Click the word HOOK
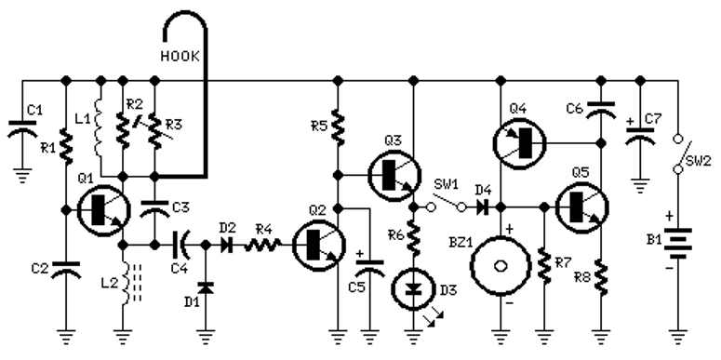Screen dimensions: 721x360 (x=180, y=56)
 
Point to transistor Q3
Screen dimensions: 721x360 (x=394, y=175)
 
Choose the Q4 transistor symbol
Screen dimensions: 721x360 (x=519, y=143)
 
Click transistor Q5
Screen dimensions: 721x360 (x=582, y=207)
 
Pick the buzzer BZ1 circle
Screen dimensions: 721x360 (x=500, y=266)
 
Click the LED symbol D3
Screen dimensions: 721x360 (x=414, y=289)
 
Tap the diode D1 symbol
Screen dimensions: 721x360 (x=205, y=287)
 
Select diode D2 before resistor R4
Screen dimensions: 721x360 (x=226, y=246)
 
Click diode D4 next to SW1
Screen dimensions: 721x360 (x=482, y=207)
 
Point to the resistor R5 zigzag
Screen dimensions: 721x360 (x=338, y=127)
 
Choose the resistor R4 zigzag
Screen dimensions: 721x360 (x=262, y=246)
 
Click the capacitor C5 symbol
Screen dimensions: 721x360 (x=370, y=267)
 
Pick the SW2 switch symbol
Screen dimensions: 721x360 (x=678, y=154)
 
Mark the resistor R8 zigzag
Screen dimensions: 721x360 (x=601, y=278)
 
